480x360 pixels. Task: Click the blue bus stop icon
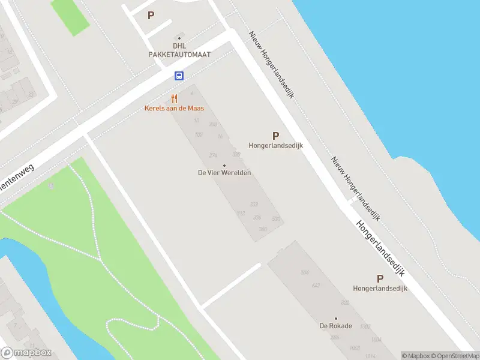pos(179,76)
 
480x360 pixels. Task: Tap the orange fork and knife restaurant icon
pos(174,98)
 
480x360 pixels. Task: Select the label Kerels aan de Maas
pos(174,109)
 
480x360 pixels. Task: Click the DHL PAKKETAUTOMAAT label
pos(179,50)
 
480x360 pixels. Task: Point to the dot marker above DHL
pos(179,38)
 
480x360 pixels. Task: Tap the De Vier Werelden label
pos(224,173)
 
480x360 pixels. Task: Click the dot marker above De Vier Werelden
pos(224,165)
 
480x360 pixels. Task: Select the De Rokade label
pos(336,326)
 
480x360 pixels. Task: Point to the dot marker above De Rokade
pos(336,319)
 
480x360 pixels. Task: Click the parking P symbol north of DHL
pos(151,15)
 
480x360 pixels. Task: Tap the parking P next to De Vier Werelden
pos(275,136)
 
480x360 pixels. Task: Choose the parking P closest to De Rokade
pos(380,278)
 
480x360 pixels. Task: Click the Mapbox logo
pos(26,353)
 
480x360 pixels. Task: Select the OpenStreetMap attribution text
pos(454,356)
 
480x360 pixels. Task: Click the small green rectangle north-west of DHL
pos(70,14)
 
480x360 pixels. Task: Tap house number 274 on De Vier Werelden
pos(213,155)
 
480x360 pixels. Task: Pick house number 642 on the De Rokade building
pos(317,286)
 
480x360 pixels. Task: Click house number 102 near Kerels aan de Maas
pos(199,134)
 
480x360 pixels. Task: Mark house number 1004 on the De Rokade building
pos(376,340)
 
